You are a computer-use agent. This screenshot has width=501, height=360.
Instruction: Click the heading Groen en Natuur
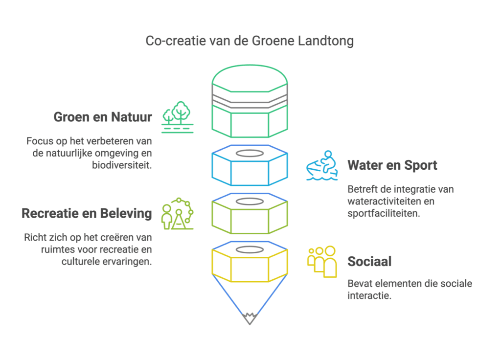[x=103, y=117]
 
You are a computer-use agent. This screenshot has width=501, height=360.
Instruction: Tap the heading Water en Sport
[x=392, y=165]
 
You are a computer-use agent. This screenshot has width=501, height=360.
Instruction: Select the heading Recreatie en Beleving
[x=87, y=213]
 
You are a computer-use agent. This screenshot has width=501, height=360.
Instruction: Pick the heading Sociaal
[x=369, y=261]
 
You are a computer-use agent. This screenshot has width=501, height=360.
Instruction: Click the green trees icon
[x=178, y=117]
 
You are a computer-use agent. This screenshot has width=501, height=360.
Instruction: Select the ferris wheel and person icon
[x=178, y=214]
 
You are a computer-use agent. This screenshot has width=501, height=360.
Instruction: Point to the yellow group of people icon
[x=322, y=261]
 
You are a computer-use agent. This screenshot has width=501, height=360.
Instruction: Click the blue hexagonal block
[x=250, y=169]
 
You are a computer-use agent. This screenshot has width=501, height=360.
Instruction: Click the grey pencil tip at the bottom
[x=250, y=318]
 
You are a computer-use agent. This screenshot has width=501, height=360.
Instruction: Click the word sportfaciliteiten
[x=384, y=213]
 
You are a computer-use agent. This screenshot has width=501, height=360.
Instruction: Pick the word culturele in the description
[x=84, y=262]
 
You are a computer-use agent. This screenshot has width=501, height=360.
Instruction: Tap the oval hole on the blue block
[x=250, y=153]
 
